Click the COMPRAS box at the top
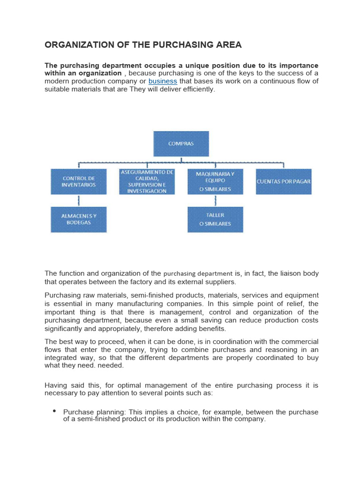click(181, 144)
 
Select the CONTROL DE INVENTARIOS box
click(78, 181)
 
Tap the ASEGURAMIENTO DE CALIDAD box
click(146, 181)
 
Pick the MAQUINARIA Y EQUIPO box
click(215, 181)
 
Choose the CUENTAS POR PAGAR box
click(283, 181)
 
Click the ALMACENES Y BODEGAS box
click(78, 219)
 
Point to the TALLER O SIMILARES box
click(215, 219)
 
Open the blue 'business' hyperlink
click(163, 81)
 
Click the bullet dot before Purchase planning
click(55, 411)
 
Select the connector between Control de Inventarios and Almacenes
click(78, 201)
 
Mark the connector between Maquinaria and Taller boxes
click(215, 201)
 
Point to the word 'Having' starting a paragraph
click(56, 385)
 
